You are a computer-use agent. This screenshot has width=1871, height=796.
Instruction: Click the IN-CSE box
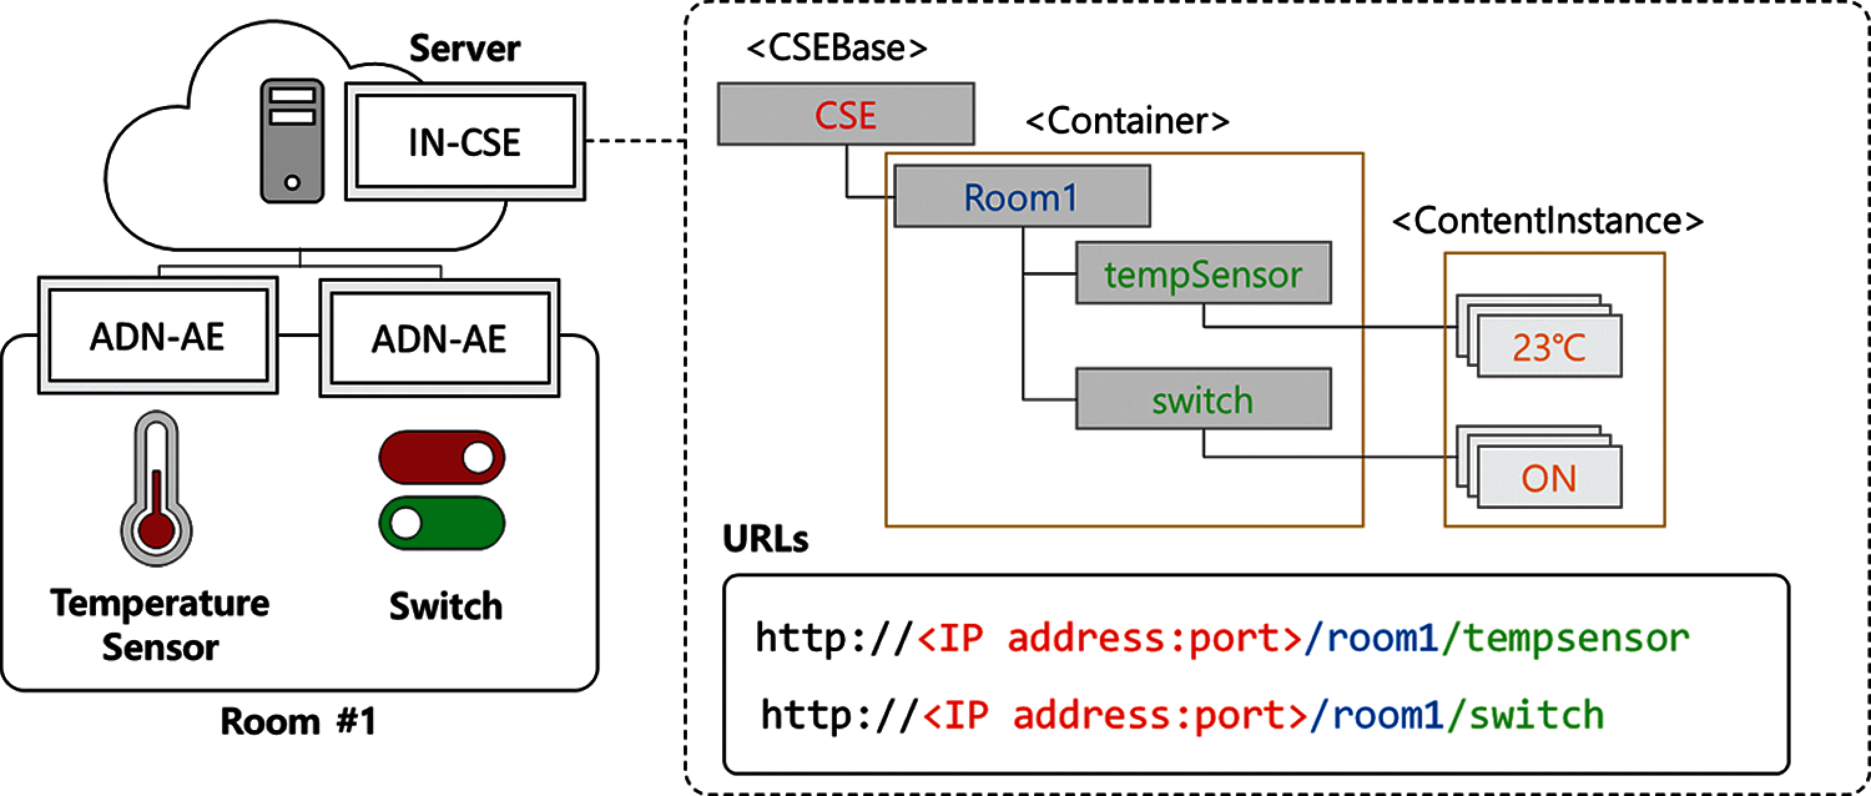click(465, 142)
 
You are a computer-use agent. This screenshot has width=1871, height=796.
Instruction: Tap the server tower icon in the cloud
click(292, 141)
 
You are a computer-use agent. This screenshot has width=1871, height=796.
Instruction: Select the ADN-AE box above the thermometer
click(158, 336)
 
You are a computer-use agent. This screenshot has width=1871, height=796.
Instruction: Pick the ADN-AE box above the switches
click(440, 339)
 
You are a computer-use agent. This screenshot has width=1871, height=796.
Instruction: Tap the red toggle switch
click(442, 457)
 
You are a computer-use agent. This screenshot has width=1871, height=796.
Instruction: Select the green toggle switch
click(442, 523)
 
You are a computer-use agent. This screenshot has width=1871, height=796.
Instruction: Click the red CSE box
click(846, 114)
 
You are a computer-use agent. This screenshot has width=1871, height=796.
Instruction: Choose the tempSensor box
click(1203, 273)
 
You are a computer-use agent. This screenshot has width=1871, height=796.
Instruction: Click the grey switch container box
click(1203, 399)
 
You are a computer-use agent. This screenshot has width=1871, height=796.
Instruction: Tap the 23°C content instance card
click(1549, 347)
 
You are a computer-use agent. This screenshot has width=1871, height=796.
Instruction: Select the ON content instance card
click(1549, 478)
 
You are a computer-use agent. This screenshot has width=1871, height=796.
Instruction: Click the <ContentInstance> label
click(1547, 221)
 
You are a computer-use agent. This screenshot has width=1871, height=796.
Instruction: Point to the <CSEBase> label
click(837, 48)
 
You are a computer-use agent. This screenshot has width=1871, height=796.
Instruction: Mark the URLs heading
click(765, 539)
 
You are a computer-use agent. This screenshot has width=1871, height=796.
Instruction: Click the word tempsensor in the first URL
click(1575, 638)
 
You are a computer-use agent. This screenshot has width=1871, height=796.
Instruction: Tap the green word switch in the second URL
click(1536, 716)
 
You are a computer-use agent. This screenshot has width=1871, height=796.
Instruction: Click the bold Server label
click(465, 49)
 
